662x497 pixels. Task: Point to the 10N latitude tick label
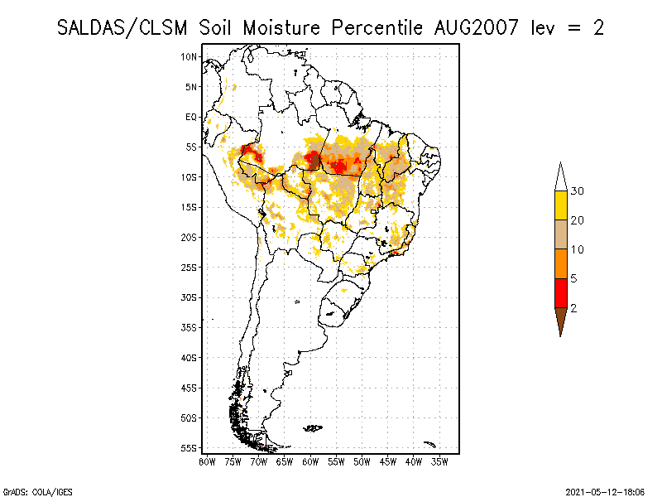click(x=189, y=56)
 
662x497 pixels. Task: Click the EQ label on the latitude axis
click(x=191, y=117)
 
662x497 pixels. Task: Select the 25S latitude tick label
click(x=189, y=267)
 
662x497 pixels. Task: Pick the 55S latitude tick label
click(x=189, y=447)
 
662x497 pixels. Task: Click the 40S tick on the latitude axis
click(x=189, y=357)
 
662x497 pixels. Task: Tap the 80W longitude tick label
click(x=207, y=461)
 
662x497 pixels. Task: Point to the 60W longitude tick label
click(x=310, y=461)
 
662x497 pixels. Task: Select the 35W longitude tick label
click(x=439, y=461)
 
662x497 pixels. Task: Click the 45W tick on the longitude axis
click(x=388, y=461)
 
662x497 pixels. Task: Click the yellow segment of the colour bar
click(x=560, y=205)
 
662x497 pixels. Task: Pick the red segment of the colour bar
click(x=560, y=292)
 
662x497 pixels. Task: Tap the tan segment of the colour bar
click(x=560, y=234)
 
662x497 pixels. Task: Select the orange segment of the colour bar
click(x=560, y=263)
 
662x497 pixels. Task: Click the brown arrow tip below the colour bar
click(x=560, y=320)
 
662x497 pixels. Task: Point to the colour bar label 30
click(x=578, y=191)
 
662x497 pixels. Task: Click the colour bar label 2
click(x=573, y=307)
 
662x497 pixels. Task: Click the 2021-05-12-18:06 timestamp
click(x=607, y=491)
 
